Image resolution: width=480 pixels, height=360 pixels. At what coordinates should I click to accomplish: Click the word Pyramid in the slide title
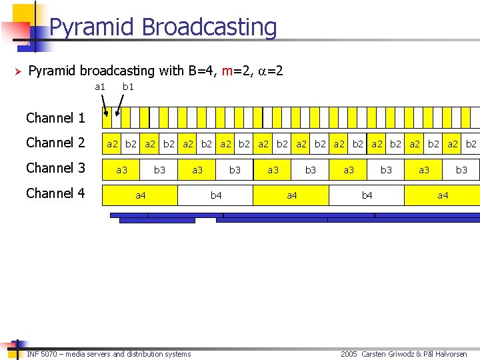tap(85, 27)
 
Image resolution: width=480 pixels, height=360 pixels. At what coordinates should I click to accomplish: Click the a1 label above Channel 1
tap(100, 87)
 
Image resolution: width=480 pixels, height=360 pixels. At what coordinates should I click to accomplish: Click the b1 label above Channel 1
tap(128, 87)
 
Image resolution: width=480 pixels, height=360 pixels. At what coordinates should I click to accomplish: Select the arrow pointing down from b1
tap(120, 105)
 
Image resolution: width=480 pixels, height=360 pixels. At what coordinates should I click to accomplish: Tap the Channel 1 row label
tap(55, 119)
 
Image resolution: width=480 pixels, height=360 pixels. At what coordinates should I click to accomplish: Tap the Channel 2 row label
tap(55, 143)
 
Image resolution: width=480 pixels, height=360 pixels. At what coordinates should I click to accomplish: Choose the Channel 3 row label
tap(55, 169)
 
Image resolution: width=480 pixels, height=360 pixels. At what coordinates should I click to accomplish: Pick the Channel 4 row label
tap(55, 194)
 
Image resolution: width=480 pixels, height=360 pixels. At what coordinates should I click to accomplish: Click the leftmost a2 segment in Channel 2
tap(112, 144)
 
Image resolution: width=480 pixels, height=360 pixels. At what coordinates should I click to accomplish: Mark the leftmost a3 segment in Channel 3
tap(121, 170)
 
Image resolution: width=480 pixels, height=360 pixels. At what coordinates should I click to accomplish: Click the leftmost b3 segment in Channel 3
tap(159, 170)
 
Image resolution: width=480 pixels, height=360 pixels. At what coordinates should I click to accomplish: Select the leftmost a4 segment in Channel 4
tap(140, 195)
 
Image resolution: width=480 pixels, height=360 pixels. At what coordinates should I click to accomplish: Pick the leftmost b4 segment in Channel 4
tap(215, 195)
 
